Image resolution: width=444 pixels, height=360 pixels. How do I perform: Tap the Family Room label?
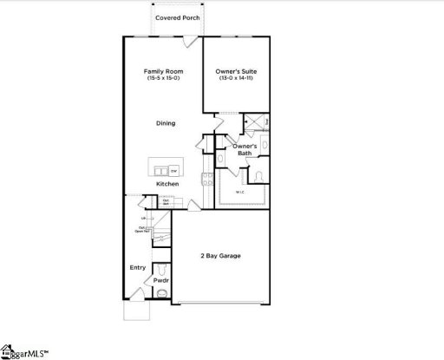click(x=162, y=71)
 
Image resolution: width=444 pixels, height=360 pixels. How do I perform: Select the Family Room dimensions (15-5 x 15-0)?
click(x=162, y=79)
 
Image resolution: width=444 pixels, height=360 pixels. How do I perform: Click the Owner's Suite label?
click(x=236, y=71)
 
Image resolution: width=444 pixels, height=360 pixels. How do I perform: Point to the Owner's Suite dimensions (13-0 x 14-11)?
click(x=236, y=79)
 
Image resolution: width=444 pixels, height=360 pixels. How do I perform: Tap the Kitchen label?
click(x=167, y=184)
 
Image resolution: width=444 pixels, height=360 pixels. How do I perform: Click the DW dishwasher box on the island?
click(x=173, y=171)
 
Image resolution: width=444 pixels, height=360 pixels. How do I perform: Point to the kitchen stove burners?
click(x=207, y=180)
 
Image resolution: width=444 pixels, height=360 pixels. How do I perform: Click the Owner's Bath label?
click(x=245, y=150)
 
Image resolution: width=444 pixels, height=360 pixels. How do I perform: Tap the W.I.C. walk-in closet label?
click(x=239, y=192)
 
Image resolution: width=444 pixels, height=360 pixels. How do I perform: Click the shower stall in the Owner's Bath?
click(x=255, y=122)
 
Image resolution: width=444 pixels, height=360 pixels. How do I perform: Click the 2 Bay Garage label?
click(x=222, y=256)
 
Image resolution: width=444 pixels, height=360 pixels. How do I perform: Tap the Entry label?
click(x=137, y=267)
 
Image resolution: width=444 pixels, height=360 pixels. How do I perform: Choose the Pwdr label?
click(x=160, y=281)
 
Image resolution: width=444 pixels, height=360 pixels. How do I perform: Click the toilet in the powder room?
click(x=160, y=294)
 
